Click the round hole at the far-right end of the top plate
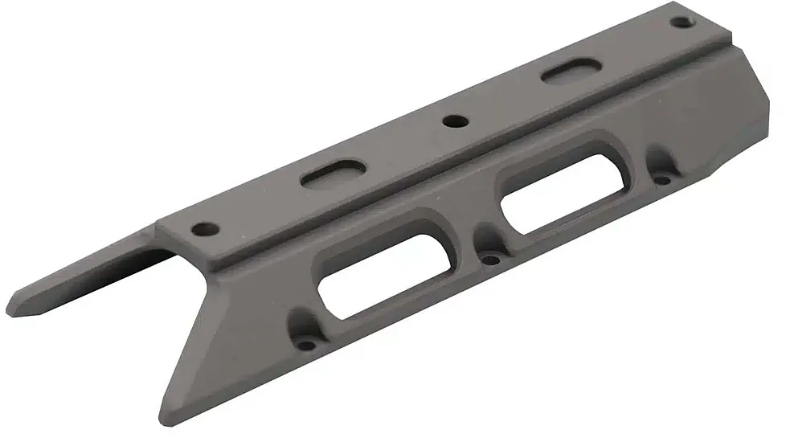pyautogui.click(x=680, y=22)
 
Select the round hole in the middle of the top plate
pyautogui.click(x=455, y=122)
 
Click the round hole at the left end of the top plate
pyautogui.click(x=206, y=228)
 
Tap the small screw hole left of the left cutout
pyautogui.click(x=306, y=344)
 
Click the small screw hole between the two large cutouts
pyautogui.click(x=489, y=259)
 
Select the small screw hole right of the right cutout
pyautogui.click(x=662, y=179)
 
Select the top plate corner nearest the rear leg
pyautogui.click(x=158, y=227)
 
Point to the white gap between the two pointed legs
pyautogui.click(x=121, y=321)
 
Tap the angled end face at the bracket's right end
pyautogui.click(x=751, y=121)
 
